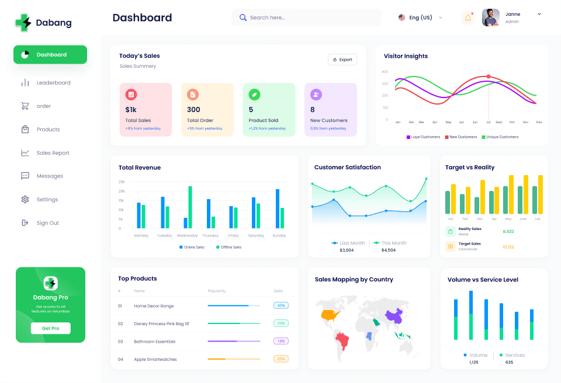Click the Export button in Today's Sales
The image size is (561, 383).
coord(342,60)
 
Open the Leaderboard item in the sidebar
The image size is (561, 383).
coord(53,83)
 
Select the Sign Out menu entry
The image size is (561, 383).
coord(47,223)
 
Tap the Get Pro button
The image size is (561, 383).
coord(50,328)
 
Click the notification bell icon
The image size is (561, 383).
coord(468,18)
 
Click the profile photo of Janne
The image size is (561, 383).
coord(490,18)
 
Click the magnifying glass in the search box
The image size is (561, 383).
coord(243,18)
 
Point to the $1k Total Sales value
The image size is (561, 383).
coord(131,109)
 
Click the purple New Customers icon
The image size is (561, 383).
coord(316,95)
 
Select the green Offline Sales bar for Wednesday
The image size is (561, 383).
coord(190,207)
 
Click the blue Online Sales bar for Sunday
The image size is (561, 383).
coord(278,208)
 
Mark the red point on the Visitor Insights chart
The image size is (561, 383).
coord(489,76)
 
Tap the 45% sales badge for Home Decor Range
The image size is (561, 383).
coord(281,305)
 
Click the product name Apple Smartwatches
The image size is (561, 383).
coord(155,359)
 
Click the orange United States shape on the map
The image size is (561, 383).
coord(331,315)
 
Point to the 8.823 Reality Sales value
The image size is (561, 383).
coord(508,231)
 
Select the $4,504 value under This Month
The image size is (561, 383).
coord(388,250)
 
